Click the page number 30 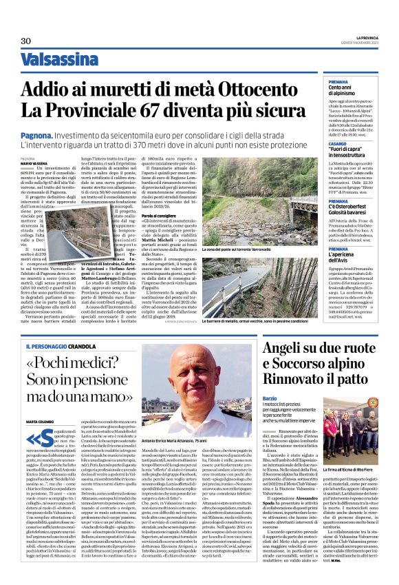[x=25, y=41]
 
